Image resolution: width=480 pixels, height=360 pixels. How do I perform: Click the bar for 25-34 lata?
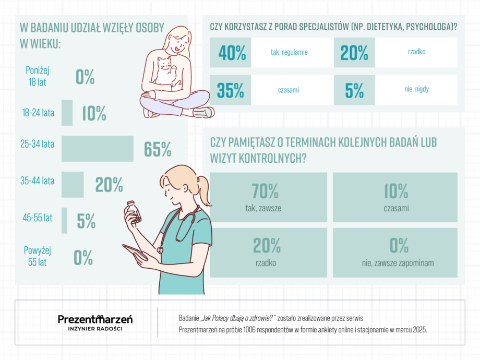98,149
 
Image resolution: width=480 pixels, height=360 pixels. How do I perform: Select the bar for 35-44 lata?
73,185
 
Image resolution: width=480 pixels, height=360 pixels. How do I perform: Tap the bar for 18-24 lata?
67,113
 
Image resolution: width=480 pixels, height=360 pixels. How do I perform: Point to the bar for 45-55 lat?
64,221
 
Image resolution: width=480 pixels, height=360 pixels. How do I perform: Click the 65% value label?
158,149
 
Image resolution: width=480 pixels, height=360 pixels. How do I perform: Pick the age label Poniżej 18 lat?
38,76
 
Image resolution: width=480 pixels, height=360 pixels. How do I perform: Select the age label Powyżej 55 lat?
38,256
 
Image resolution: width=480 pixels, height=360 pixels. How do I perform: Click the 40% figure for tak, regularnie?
232,53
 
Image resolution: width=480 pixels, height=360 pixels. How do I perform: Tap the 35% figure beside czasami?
231,90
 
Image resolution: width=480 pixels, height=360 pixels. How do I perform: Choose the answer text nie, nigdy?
417,89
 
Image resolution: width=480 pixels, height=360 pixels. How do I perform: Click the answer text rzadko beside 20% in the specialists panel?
417,52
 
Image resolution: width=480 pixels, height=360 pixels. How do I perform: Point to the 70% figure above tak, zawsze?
265,191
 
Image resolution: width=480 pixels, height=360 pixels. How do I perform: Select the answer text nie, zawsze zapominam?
398,263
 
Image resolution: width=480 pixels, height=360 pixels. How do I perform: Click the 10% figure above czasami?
396,191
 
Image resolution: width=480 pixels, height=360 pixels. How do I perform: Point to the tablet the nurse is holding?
135,252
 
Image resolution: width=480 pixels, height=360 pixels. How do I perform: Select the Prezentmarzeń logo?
95,322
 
